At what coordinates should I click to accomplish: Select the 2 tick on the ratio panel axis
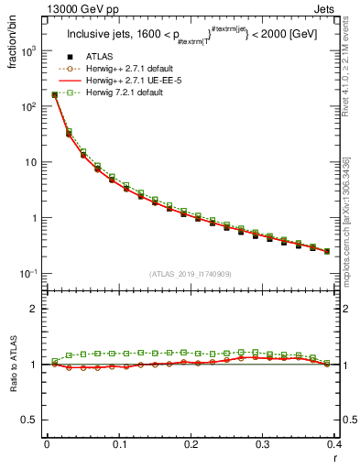(33, 309)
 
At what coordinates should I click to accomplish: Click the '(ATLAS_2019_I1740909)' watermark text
(191, 273)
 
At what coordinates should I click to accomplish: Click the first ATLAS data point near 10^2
(54, 94)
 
